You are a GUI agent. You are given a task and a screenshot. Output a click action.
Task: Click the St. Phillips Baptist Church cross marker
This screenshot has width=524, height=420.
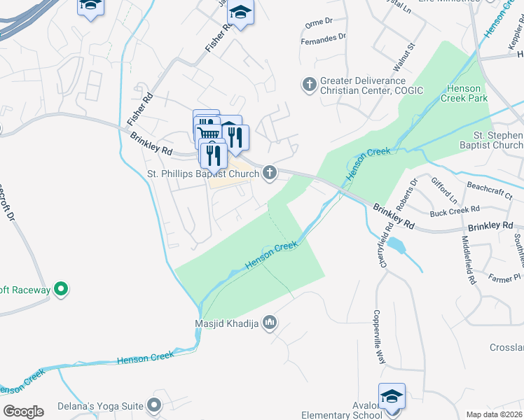[x=270, y=174]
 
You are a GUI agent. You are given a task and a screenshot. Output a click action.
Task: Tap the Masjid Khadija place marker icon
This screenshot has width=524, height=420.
[x=271, y=323]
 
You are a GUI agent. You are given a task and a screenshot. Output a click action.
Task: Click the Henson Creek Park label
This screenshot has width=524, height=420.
[x=464, y=93]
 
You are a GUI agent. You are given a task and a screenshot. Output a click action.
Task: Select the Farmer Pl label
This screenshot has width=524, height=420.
[x=505, y=277]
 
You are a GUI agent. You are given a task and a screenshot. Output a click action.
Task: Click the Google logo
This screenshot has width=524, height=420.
[x=22, y=412]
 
